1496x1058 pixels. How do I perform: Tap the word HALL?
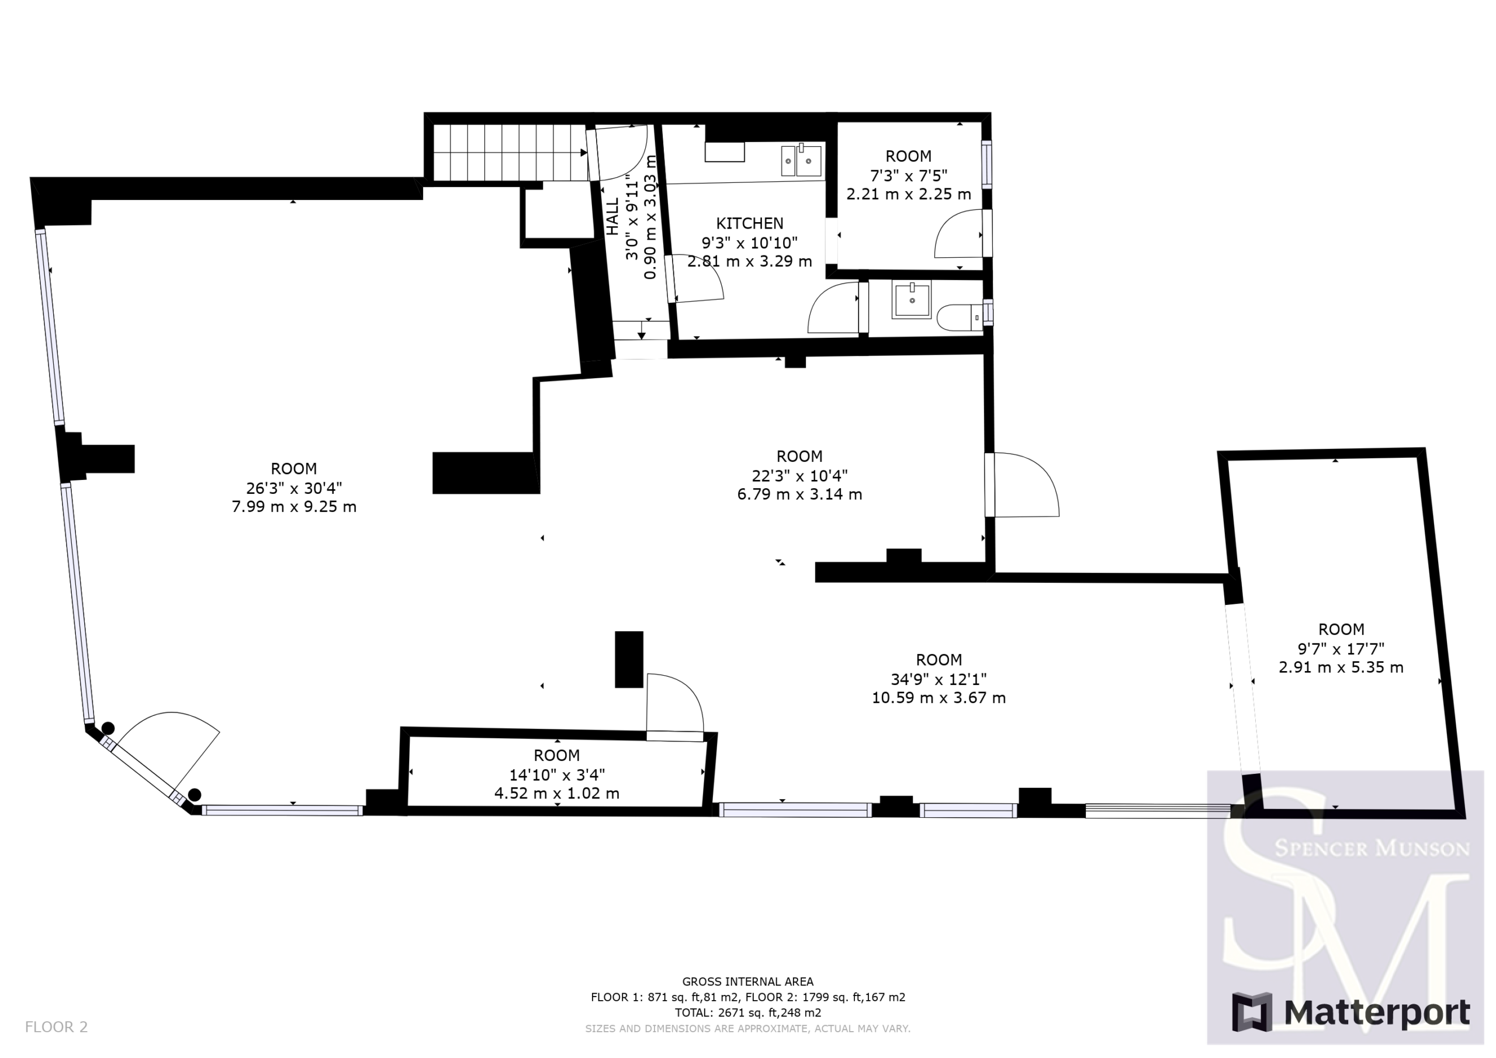(613, 217)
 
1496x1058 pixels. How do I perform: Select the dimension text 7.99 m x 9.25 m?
(294, 507)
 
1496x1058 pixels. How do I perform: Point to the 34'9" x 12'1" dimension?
(939, 679)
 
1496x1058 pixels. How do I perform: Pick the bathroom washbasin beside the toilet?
(912, 300)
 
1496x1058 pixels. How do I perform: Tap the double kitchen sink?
(801, 160)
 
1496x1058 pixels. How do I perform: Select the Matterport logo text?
(1377, 1013)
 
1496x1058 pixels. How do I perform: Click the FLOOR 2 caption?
(56, 1028)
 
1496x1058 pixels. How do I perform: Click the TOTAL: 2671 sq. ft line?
(747, 1013)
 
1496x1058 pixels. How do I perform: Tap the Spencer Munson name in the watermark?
(1372, 848)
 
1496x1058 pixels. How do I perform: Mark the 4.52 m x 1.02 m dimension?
(556, 793)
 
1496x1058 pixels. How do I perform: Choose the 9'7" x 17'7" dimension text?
(1341, 649)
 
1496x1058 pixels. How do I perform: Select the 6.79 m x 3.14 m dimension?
(799, 494)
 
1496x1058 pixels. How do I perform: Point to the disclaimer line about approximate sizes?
(747, 1029)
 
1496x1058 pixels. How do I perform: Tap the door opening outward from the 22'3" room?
(1023, 485)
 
